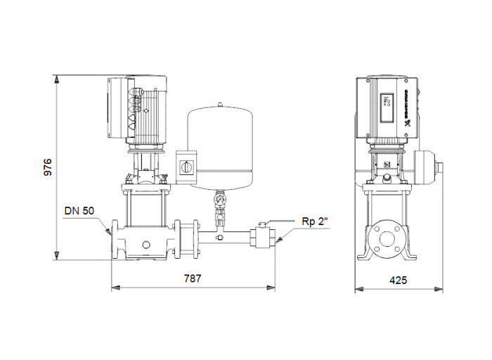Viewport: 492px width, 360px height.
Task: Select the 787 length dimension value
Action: [x=193, y=279]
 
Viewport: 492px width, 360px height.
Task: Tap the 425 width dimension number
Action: [x=398, y=280]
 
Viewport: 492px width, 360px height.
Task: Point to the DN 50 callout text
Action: [x=79, y=210]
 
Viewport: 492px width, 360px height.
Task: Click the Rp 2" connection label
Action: [x=315, y=221]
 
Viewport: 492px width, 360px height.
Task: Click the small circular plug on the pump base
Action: [x=145, y=244]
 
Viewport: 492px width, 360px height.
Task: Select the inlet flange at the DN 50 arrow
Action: [x=115, y=239]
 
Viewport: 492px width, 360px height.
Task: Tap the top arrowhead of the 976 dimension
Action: [x=56, y=77]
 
